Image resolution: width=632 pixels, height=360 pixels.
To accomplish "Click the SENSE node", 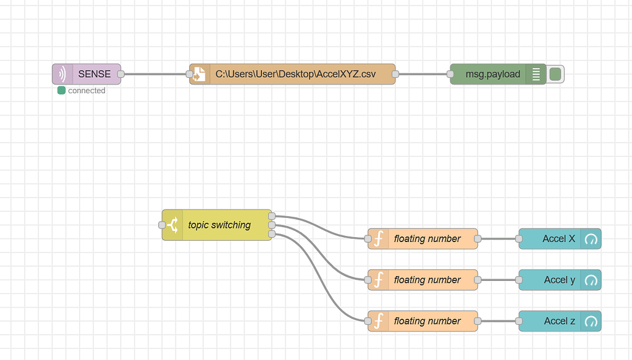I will click(93, 74).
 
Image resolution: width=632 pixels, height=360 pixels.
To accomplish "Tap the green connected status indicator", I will click(61, 91).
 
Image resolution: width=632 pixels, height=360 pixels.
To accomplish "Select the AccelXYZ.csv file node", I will click(295, 74).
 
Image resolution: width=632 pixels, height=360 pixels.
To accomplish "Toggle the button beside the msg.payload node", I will click(555, 74).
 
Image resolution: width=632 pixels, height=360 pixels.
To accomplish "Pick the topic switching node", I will click(219, 225).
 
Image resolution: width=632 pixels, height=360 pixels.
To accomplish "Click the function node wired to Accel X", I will click(427, 238).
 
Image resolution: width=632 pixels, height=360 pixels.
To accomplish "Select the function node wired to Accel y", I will click(427, 280).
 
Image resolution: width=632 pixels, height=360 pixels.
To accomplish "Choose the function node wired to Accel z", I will click(427, 321).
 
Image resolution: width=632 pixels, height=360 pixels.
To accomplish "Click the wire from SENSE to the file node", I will click(154, 74).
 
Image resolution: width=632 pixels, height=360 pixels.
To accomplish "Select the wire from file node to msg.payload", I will click(423, 74).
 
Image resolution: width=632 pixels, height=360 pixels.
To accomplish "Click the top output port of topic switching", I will click(272, 216).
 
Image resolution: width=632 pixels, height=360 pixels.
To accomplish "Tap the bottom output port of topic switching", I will click(272, 234).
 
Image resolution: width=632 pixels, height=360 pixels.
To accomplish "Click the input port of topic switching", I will click(162, 225).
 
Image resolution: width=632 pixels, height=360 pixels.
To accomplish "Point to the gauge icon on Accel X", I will click(591, 239).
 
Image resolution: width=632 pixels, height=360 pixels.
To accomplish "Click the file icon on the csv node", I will click(200, 74).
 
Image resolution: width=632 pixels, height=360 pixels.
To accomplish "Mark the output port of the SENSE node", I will click(121, 74).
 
